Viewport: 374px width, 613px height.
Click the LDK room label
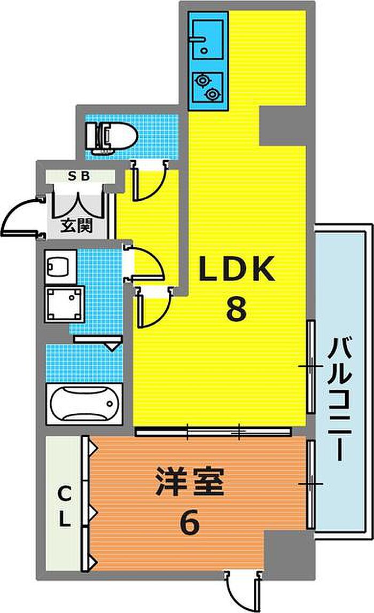pyautogui.click(x=237, y=269)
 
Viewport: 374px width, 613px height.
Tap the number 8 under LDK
pyautogui.click(x=236, y=308)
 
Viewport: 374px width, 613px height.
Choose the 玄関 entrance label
pyautogui.click(x=75, y=225)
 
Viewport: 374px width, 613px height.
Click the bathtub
pyautogui.click(x=84, y=404)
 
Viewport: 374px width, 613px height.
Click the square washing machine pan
pyautogui.click(x=65, y=305)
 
